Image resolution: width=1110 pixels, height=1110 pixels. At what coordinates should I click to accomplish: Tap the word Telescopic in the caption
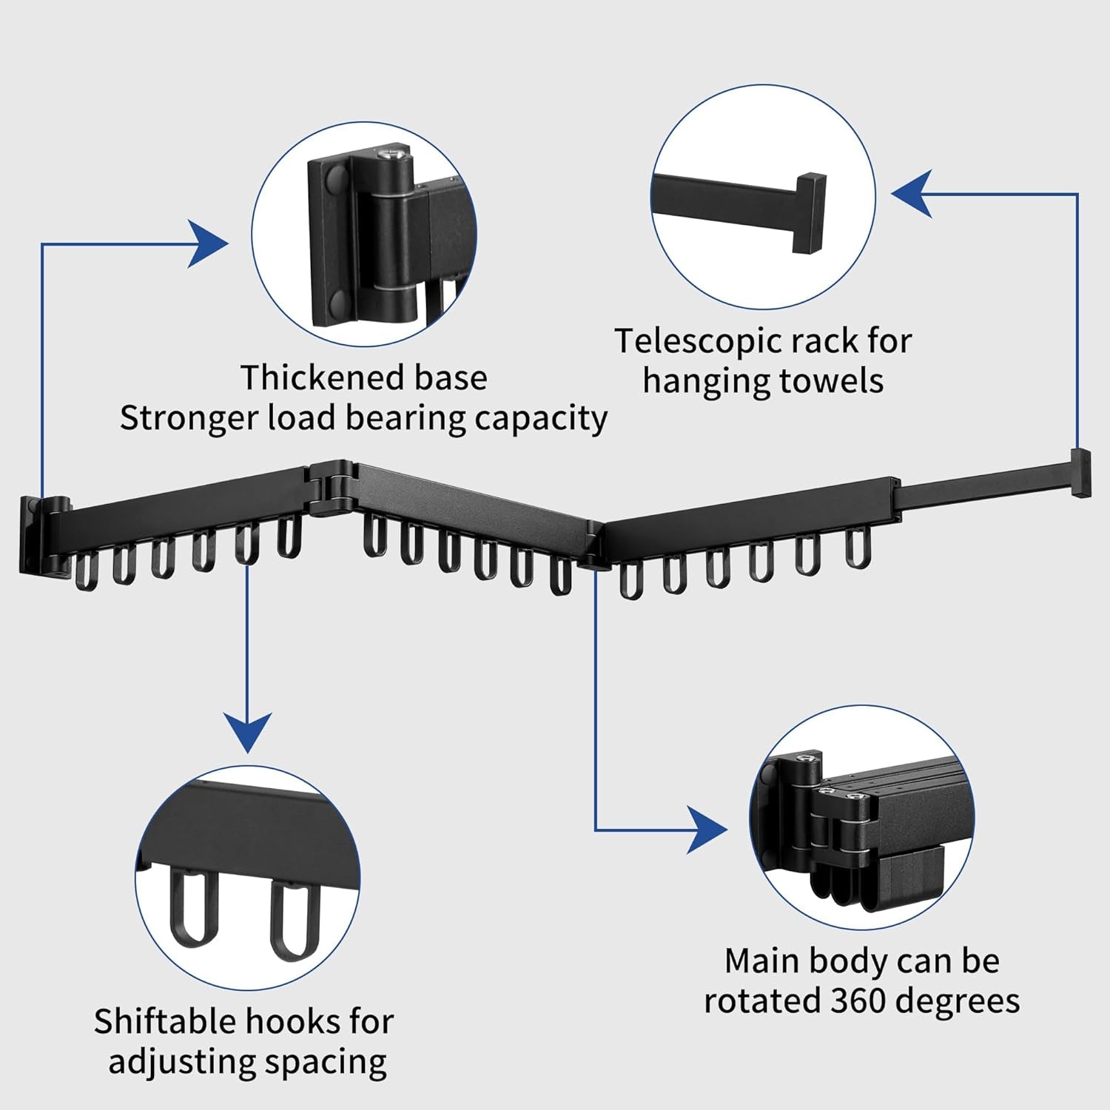coord(698,342)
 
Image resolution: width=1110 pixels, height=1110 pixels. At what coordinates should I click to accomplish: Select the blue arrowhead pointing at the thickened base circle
coord(209,243)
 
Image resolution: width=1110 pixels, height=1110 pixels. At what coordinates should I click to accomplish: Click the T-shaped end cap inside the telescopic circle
coord(810,213)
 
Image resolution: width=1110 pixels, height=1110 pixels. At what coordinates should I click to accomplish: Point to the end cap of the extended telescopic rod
coord(1081,471)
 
